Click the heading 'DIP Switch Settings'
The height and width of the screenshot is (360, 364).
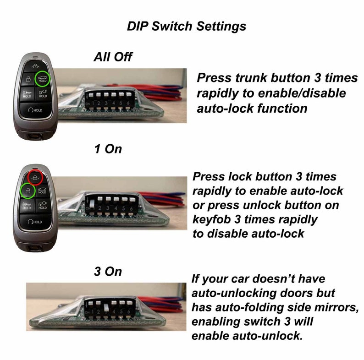(x=187, y=26)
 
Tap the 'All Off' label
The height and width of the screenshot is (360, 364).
(x=113, y=57)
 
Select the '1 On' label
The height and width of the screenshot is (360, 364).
(x=108, y=149)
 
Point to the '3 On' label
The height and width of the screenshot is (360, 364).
(x=108, y=272)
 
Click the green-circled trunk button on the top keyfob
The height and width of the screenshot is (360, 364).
(x=43, y=79)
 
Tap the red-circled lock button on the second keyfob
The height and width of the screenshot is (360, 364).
(x=35, y=178)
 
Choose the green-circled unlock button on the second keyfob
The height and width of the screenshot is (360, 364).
(x=28, y=191)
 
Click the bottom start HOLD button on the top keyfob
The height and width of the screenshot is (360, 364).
(x=35, y=110)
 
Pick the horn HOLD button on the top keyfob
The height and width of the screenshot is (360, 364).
(x=28, y=94)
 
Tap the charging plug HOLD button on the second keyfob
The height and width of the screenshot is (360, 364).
(x=43, y=206)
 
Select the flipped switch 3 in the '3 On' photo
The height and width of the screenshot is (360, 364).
(x=106, y=308)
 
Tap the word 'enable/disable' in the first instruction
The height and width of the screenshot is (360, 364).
(x=302, y=93)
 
